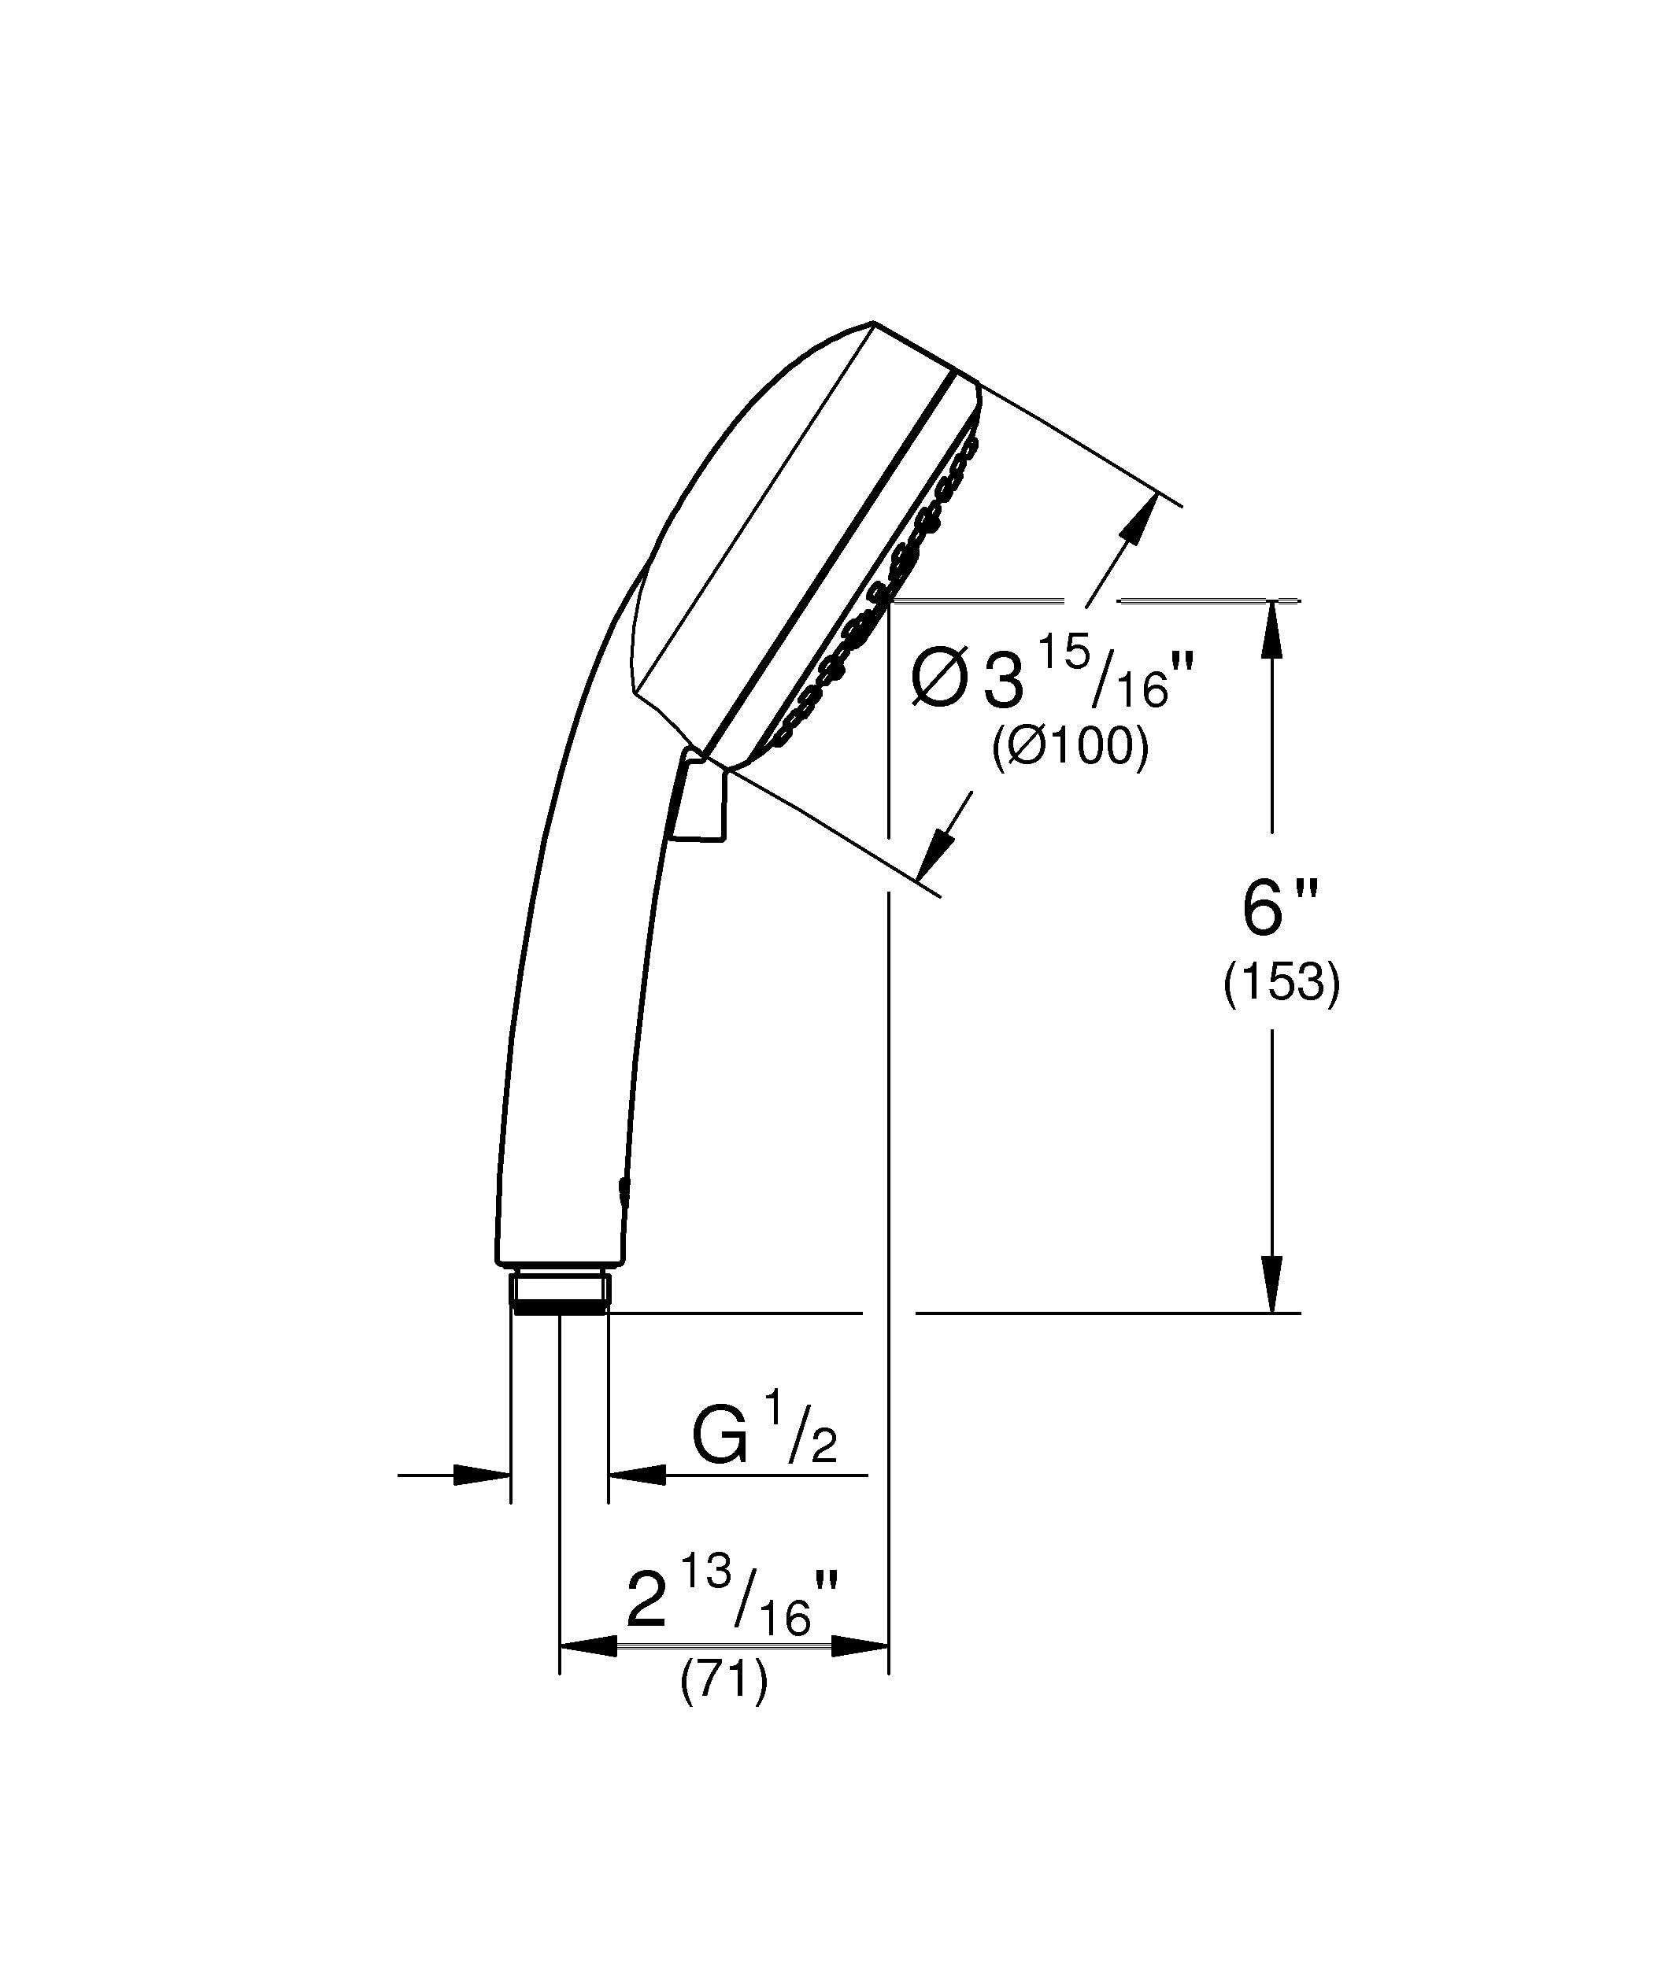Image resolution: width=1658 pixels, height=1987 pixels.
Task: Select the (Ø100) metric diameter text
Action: pyautogui.click(x=1071, y=748)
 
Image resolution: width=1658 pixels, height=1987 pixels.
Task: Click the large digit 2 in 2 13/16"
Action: pyautogui.click(x=647, y=1602)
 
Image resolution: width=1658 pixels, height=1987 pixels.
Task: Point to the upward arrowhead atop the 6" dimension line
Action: pyautogui.click(x=1273, y=626)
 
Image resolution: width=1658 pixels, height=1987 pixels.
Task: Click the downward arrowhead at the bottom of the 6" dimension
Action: pyautogui.click(x=1273, y=1286)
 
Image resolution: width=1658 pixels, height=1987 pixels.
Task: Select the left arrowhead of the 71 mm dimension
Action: pyautogui.click(x=587, y=1647)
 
